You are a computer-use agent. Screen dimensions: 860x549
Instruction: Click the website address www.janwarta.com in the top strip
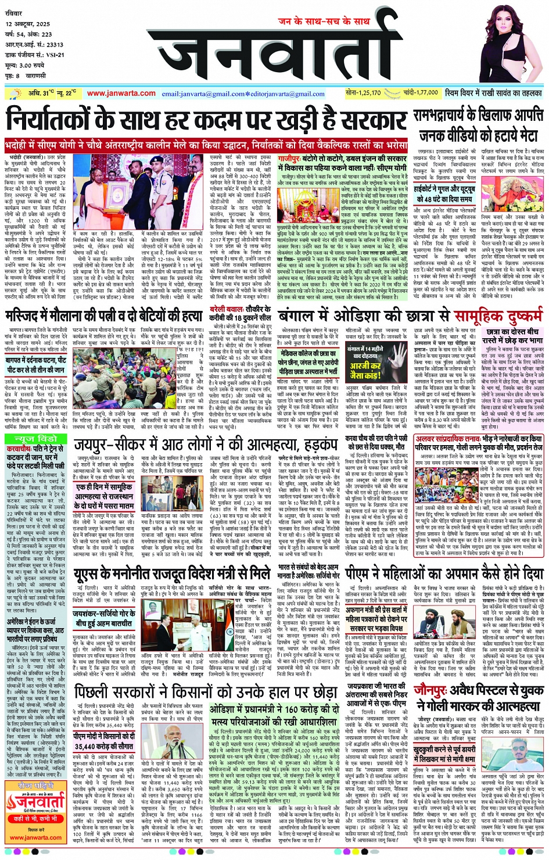point(121,93)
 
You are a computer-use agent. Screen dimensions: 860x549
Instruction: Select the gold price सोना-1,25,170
point(363,93)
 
